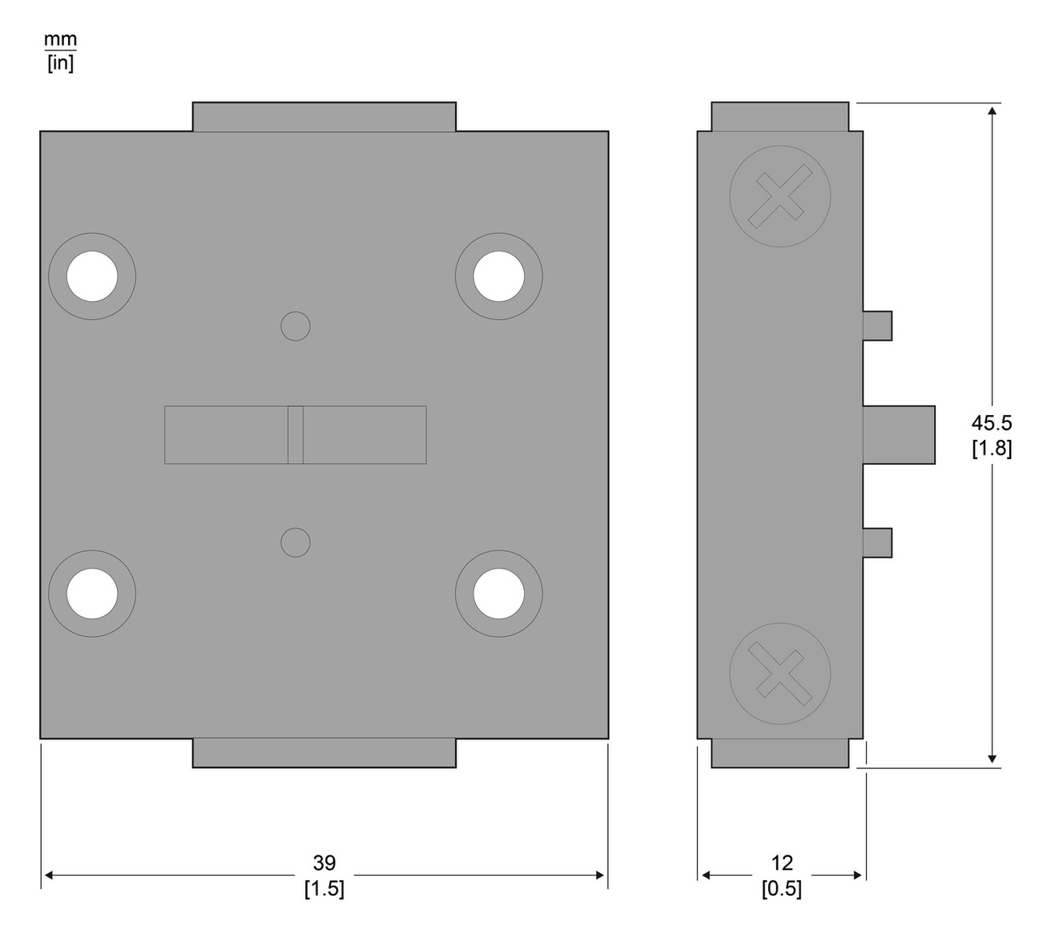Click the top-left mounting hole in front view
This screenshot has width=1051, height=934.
pos(92,276)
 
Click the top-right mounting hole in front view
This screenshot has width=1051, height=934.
pos(498,276)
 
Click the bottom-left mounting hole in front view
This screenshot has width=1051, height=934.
pos(92,594)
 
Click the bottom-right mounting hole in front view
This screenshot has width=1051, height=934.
pos(498,594)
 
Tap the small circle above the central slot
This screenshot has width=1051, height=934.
pos(296,326)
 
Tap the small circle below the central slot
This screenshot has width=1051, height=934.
pos(296,542)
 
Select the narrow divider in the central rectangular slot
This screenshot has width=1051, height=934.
pos(296,435)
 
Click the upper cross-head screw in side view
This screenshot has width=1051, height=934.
pos(779,196)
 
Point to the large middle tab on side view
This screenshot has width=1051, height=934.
pos(899,435)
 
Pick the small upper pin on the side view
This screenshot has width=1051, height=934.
pos(877,325)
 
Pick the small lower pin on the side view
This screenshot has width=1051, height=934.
pos(877,541)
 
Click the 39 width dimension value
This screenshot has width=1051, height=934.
pos(324,864)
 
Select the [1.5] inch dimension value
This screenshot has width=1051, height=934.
pos(324,888)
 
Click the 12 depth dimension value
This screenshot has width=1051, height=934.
pos(782,864)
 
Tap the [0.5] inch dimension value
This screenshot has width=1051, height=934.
pos(782,888)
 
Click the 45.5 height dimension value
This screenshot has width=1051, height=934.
pos(992,423)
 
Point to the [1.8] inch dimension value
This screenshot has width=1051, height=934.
pos(992,449)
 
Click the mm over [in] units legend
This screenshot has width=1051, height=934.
pos(60,52)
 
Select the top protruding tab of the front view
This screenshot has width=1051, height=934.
pos(324,116)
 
